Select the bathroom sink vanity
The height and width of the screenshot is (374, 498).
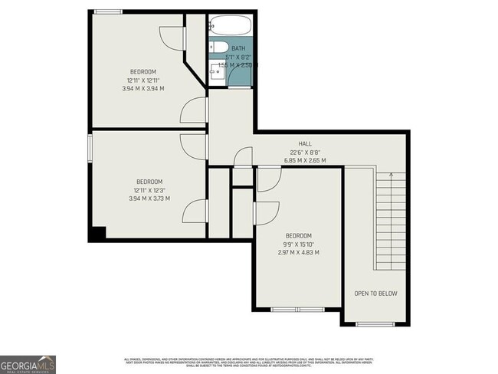tap(219, 73)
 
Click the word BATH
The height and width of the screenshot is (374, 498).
tap(238, 48)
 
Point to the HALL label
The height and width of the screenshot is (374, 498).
tap(305, 144)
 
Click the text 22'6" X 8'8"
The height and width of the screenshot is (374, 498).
tap(305, 152)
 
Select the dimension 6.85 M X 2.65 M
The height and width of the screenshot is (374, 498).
tap(305, 160)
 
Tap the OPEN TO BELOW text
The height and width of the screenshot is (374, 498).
tap(375, 294)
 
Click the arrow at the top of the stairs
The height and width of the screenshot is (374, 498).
tap(392, 176)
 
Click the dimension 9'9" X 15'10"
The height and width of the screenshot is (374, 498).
tap(299, 244)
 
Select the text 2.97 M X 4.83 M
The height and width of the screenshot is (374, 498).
tap(299, 252)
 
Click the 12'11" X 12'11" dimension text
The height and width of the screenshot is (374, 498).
tap(145, 80)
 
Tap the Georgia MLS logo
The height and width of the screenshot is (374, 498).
tap(28, 363)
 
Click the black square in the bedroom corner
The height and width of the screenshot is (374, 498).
tap(96, 234)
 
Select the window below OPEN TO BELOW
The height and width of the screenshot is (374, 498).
tap(375, 324)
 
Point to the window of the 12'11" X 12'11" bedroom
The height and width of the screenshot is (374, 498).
tap(108, 11)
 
